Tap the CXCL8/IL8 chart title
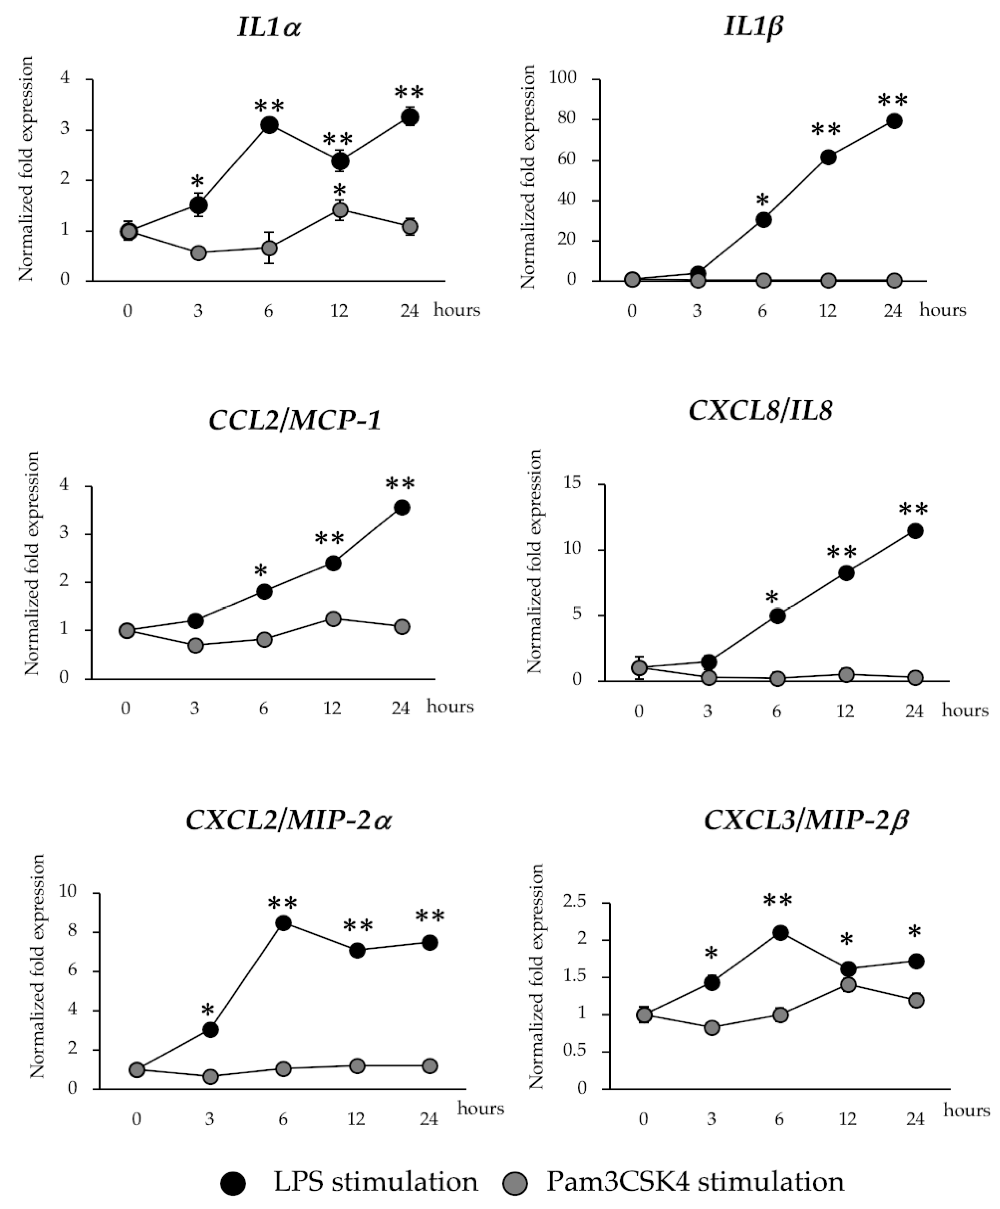coord(760,411)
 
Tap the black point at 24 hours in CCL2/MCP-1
coord(401,507)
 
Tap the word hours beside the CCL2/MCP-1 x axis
coord(450,706)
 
